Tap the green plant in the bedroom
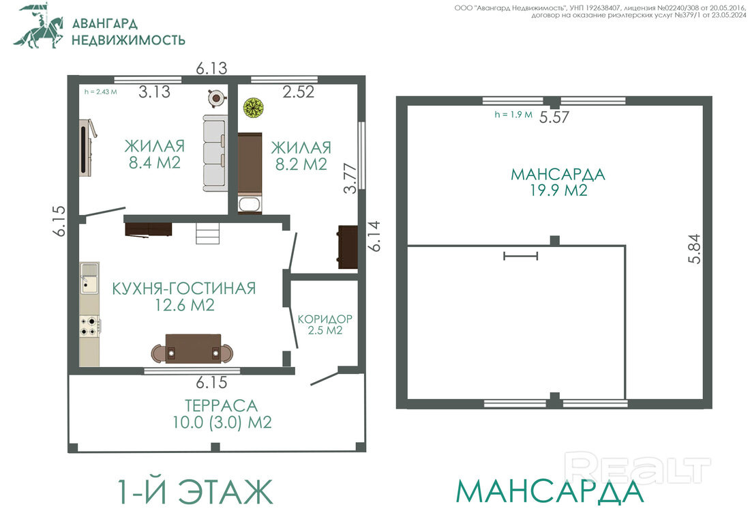coord(253,108)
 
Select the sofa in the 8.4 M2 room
coord(214,153)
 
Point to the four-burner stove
coord(90,326)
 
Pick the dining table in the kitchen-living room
coord(193,349)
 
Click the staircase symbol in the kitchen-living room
coord(207,233)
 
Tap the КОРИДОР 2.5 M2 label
coord(325,325)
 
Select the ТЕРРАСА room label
coord(222,406)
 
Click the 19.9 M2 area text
coord(558,190)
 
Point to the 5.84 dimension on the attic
coord(694,249)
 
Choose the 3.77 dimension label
coord(350,179)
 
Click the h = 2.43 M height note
coord(100,92)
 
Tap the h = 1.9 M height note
coord(513,115)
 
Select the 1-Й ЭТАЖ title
coord(195,491)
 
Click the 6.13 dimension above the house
coord(211,68)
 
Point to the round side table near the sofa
coord(217,98)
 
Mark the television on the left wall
coord(87,148)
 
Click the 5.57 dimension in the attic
coord(554,117)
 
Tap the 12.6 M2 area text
coord(185,305)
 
